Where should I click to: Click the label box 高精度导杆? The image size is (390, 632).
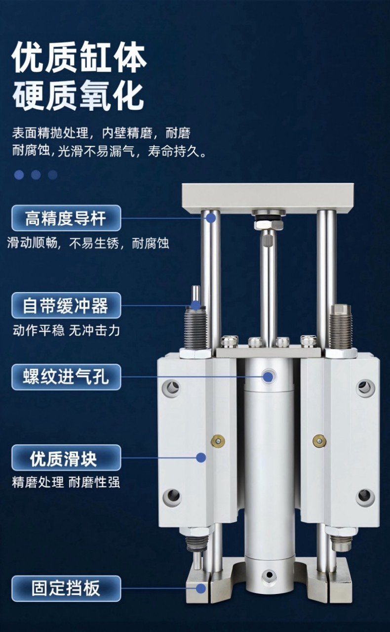point(66,218)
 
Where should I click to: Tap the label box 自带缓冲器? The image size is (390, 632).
point(66,305)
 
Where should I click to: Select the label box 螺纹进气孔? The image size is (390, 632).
point(66,377)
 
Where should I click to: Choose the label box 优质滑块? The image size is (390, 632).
point(66,458)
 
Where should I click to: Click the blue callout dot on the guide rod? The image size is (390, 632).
point(211,218)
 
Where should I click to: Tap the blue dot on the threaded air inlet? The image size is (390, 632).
point(268,377)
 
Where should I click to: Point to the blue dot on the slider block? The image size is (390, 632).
point(201,458)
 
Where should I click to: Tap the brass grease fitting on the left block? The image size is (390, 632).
point(218,440)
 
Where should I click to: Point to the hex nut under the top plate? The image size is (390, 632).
point(268,224)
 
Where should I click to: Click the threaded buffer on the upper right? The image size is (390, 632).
point(341,327)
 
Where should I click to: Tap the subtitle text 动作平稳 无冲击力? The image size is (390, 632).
point(66,331)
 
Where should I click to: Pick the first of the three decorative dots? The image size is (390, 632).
point(19,174)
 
